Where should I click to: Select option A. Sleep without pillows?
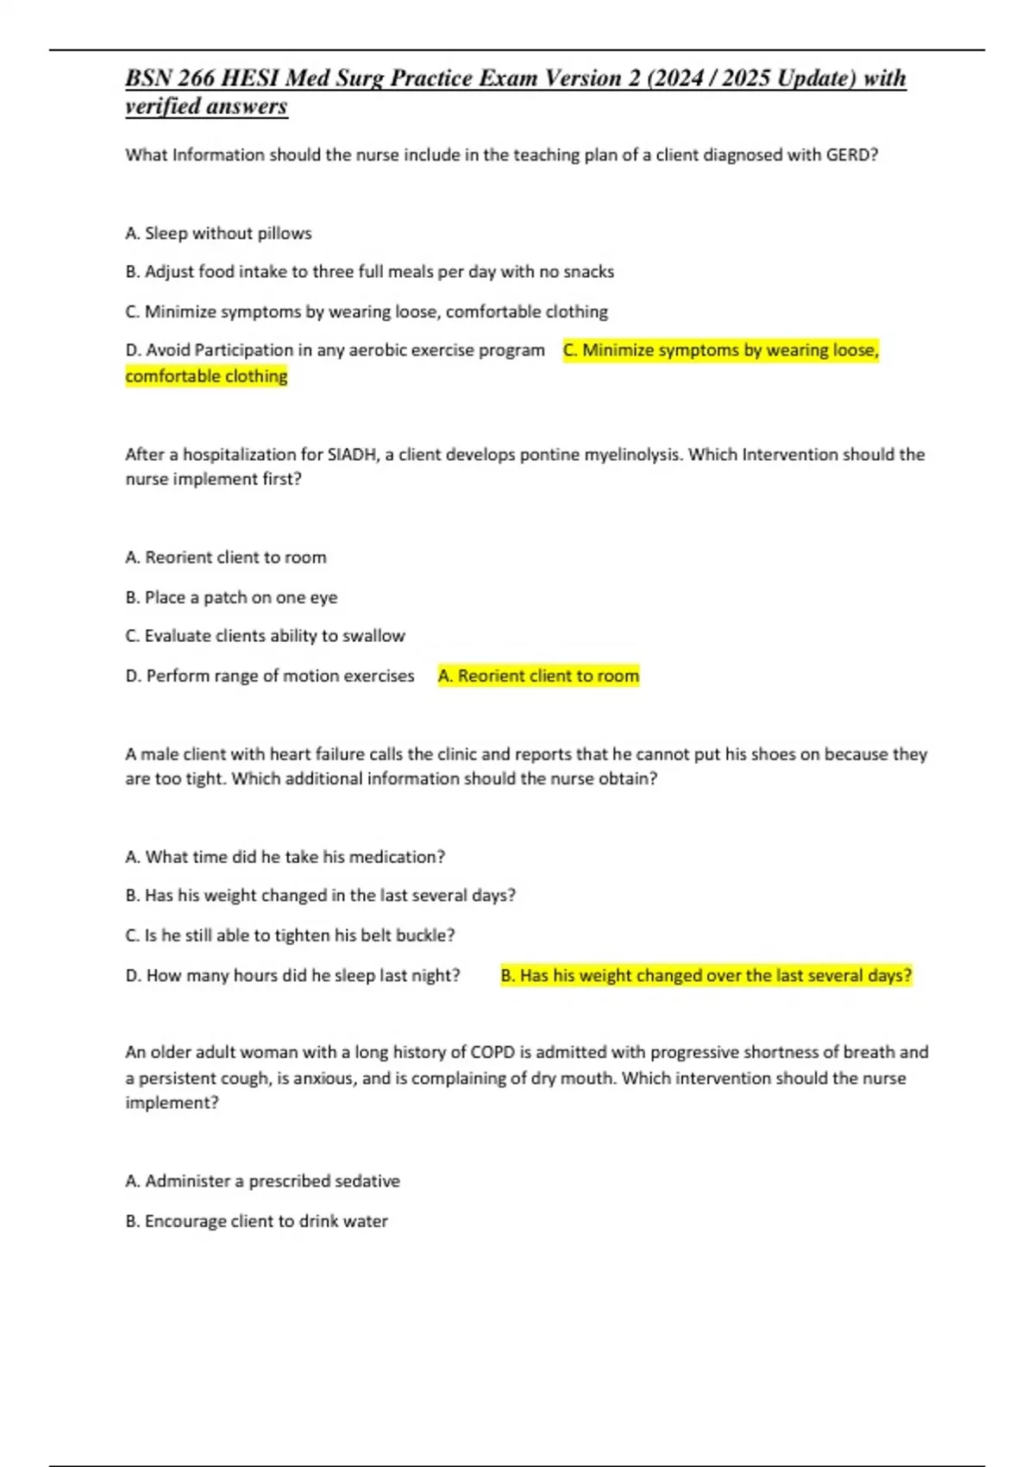[218, 233]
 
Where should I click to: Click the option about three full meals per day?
[369, 272]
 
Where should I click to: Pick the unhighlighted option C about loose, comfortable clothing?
[367, 312]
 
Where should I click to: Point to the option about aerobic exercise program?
[335, 350]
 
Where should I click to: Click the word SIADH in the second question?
[351, 455]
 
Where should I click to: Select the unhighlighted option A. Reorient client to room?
[226, 557]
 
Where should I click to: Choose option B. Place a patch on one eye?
[231, 597]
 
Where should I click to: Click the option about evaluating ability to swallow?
[265, 636]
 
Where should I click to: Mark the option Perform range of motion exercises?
[270, 676]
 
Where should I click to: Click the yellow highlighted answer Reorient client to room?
[539, 676]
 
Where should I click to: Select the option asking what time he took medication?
[285, 857]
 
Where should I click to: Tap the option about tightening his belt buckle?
[290, 935]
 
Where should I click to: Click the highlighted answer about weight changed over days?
[706, 975]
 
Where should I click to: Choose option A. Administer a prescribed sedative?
[262, 1181]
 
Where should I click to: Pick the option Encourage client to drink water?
[256, 1221]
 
